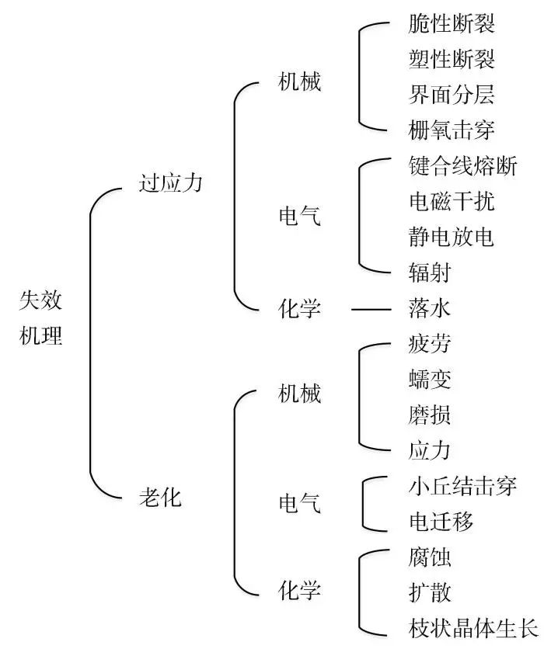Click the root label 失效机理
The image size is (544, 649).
click(x=40, y=318)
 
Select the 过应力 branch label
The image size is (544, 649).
click(x=170, y=183)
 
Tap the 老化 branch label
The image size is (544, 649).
click(x=160, y=497)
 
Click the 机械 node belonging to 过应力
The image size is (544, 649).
click(x=299, y=81)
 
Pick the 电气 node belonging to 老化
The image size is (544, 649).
click(x=299, y=503)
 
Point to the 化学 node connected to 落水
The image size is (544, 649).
click(x=299, y=309)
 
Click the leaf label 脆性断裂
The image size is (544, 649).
click(x=452, y=23)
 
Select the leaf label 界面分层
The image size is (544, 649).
click(x=452, y=95)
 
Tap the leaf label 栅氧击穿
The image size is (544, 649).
click(x=452, y=130)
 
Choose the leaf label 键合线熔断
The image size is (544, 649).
click(x=462, y=165)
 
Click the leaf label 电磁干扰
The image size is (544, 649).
click(x=452, y=201)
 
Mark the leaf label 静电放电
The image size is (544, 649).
click(x=452, y=237)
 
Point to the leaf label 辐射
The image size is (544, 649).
click(x=430, y=272)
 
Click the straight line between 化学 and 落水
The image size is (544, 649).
click(x=371, y=309)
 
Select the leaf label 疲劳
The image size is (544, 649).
click(x=430, y=344)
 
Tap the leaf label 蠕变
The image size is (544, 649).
click(x=430, y=379)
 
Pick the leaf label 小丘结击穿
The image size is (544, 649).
click(x=462, y=486)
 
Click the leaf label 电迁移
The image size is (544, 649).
click(x=441, y=522)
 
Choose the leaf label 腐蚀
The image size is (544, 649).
click(x=430, y=557)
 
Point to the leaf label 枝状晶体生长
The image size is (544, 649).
click(x=473, y=628)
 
